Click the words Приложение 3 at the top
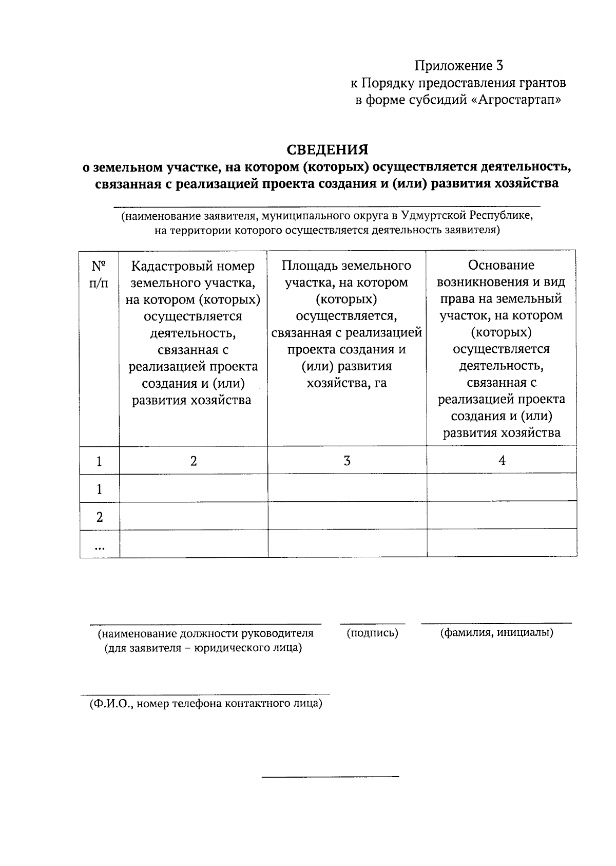[x=459, y=66]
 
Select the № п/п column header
[x=99, y=274]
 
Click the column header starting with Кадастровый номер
[x=193, y=333]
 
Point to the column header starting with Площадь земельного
[x=346, y=324]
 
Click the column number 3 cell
[x=347, y=461]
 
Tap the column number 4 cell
[x=502, y=461]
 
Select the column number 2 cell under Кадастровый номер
[x=194, y=461]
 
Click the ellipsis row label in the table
[x=99, y=548]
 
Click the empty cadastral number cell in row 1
[x=194, y=487]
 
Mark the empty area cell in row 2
[x=347, y=515]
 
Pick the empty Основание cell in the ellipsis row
[x=502, y=543]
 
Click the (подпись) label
[x=373, y=633]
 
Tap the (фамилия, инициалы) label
[x=496, y=632]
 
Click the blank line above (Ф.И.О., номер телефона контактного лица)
[x=205, y=694]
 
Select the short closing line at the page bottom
[x=330, y=776]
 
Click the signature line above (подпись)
[x=373, y=624]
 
